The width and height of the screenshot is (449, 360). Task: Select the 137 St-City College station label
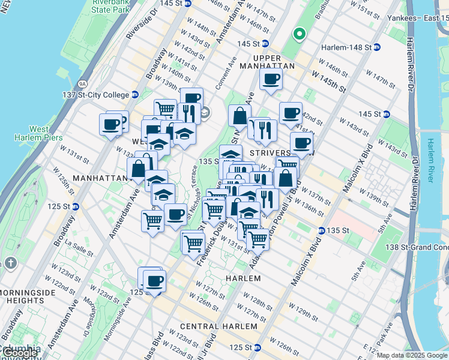pyautogui.click(x=100, y=95)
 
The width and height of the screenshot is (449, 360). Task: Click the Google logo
pyautogui.click(x=19, y=352)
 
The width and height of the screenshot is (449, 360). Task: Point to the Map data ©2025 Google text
pyautogui.click(x=412, y=355)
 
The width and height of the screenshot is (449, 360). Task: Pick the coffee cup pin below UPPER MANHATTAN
pyautogui.click(x=271, y=79)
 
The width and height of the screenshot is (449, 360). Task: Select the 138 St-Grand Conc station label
pyautogui.click(x=416, y=247)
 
